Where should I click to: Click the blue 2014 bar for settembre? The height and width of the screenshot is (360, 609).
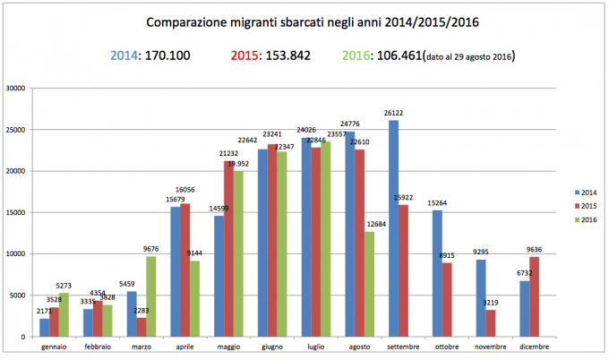point(394,228)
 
